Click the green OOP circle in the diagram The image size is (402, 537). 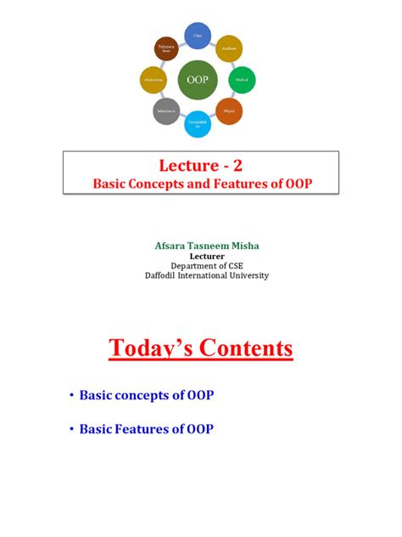click(198, 82)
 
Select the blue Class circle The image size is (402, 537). click(198, 36)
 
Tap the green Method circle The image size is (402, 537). click(243, 81)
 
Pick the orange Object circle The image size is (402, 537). click(229, 112)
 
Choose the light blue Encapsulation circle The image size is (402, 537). click(198, 125)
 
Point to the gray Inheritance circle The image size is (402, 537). click(166, 112)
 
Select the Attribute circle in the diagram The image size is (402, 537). click(229, 49)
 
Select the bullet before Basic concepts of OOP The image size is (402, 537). click(70, 396)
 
